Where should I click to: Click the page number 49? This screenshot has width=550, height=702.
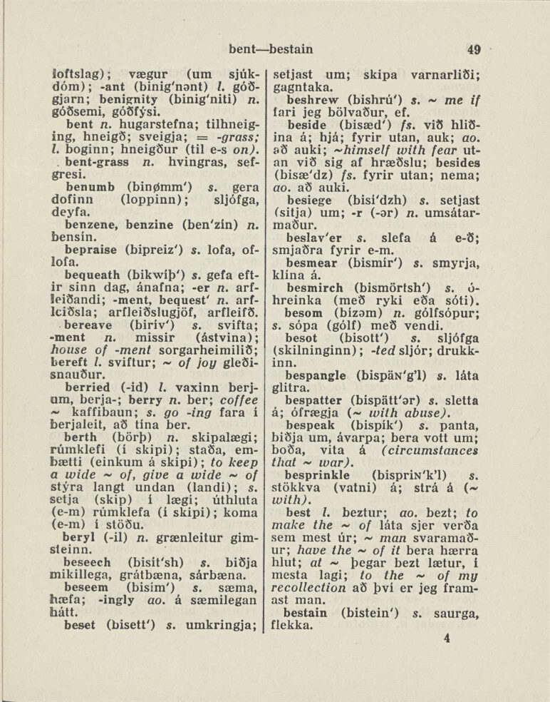474,50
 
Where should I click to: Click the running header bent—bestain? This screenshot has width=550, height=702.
271,50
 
